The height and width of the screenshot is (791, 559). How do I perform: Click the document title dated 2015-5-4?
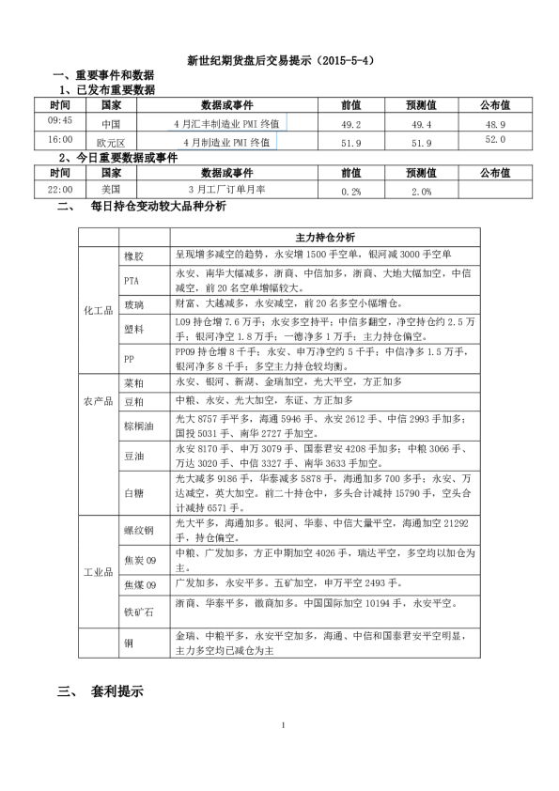pos(281,60)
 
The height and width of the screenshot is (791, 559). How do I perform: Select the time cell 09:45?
pos(59,120)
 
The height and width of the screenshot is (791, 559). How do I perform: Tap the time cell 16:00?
pos(59,139)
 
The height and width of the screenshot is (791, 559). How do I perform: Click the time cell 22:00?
pos(59,189)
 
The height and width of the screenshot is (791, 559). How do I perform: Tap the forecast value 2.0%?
pos(421,191)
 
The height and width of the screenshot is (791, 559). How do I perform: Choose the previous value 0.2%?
pos(351,191)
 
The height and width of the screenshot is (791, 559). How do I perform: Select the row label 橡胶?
pos(133,256)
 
